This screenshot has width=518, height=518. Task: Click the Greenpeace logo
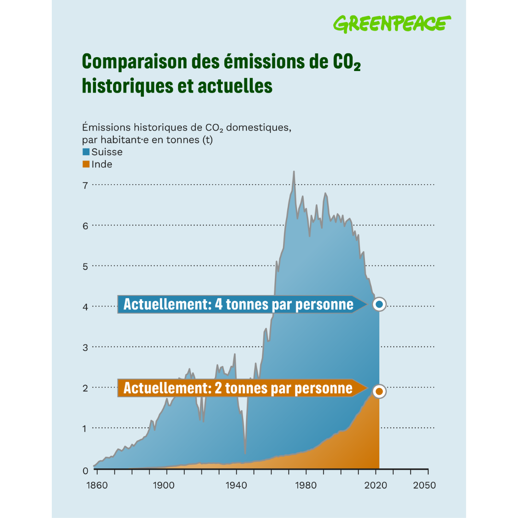(392, 24)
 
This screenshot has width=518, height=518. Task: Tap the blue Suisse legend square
(86, 152)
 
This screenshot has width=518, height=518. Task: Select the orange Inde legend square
(86, 164)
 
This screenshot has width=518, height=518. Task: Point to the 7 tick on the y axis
(85, 185)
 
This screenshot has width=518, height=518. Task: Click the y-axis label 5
(85, 266)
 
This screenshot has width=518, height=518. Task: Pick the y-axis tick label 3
(85, 347)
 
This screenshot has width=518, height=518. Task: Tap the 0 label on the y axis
(85, 471)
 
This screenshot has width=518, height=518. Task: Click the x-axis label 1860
(96, 485)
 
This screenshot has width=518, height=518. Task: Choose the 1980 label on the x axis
(306, 485)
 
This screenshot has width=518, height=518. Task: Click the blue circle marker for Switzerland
(379, 304)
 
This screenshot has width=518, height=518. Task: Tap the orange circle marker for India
(379, 391)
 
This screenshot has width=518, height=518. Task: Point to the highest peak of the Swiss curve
(294, 172)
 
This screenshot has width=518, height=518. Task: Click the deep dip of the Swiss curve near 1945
(246, 452)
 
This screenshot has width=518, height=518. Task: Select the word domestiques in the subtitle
(259, 128)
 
